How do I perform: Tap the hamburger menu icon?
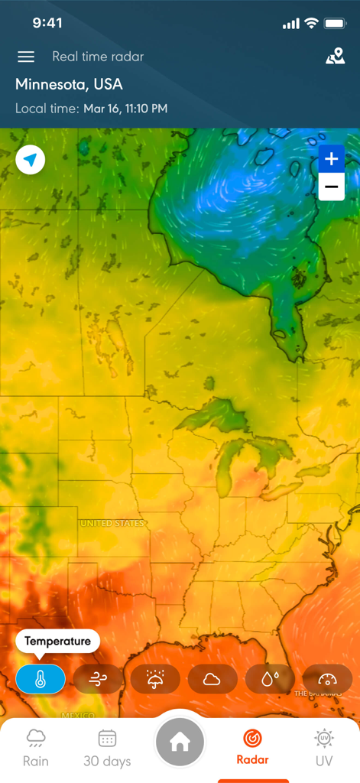pos(26,57)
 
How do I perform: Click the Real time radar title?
pos(98,57)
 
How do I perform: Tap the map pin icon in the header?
pos(335,56)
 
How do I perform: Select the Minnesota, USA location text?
pos(69,84)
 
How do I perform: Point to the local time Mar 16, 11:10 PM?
pos(125,109)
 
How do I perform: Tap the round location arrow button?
pos(31,161)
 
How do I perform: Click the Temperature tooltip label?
pos(57,642)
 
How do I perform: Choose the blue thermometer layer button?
pos(41,679)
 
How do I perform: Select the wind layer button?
pos(98,679)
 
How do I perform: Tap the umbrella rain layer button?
pos(155,679)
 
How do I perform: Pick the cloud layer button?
pos(212,679)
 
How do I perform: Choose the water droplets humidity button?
pos(270,679)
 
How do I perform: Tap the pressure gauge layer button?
pos(327,679)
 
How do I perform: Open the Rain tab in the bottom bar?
pos(36,748)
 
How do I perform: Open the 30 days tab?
pos(107,748)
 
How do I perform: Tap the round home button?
pos(180,742)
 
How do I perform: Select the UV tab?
pos(324,748)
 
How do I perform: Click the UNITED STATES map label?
pos(112,523)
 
